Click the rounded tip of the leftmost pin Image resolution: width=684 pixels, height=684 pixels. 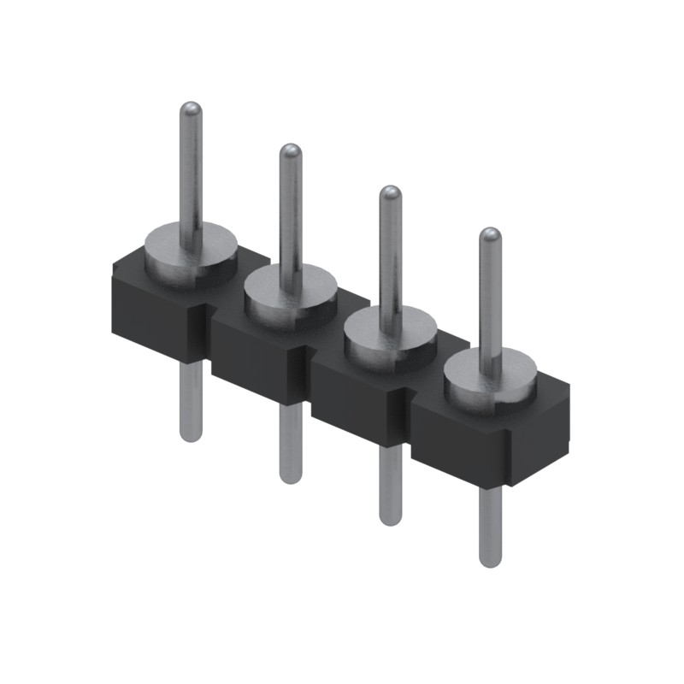(191, 109)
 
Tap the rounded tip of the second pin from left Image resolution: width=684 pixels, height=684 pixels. (291, 151)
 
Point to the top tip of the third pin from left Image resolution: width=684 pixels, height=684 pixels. (390, 193)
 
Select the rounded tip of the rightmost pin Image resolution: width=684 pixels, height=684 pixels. (489, 235)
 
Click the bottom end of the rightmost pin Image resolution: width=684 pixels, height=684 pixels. (490, 560)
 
